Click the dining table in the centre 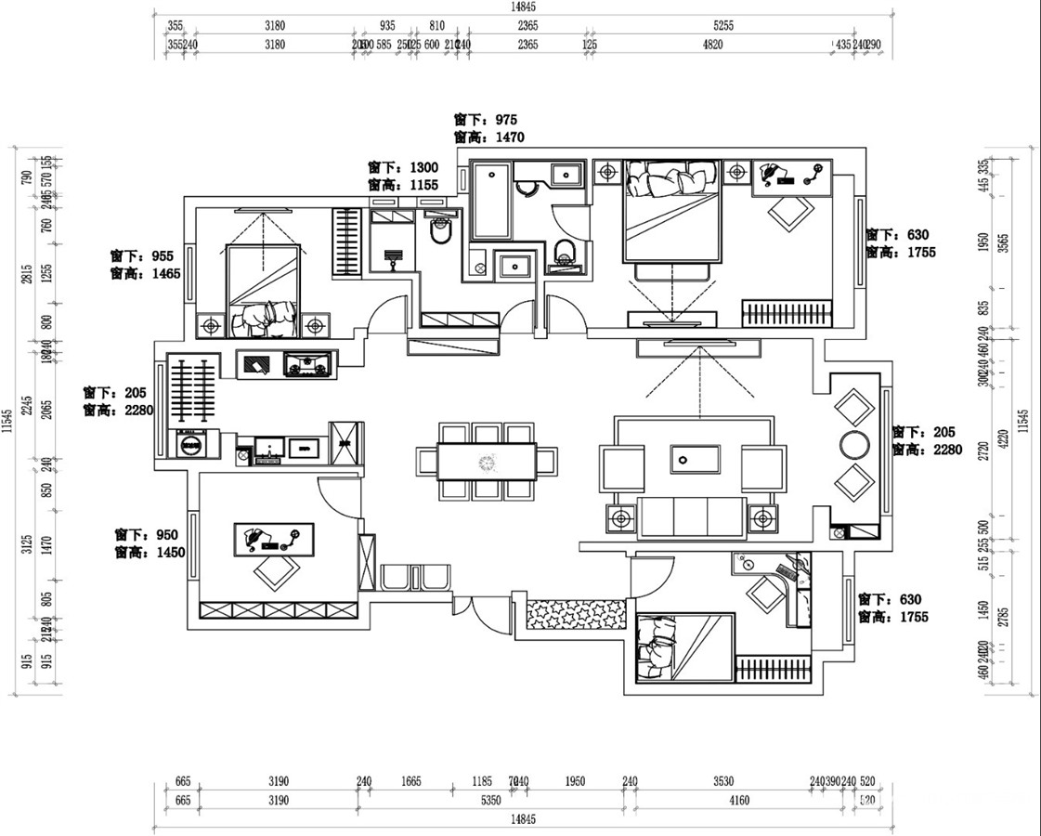(488, 461)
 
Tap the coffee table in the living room (695, 461)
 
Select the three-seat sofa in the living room (693, 516)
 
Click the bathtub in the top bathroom (490, 202)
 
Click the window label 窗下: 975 (486, 120)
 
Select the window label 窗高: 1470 (489, 137)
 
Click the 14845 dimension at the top (523, 7)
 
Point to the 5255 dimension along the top (723, 26)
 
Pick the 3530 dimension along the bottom (723, 782)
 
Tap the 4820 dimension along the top (712, 44)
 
